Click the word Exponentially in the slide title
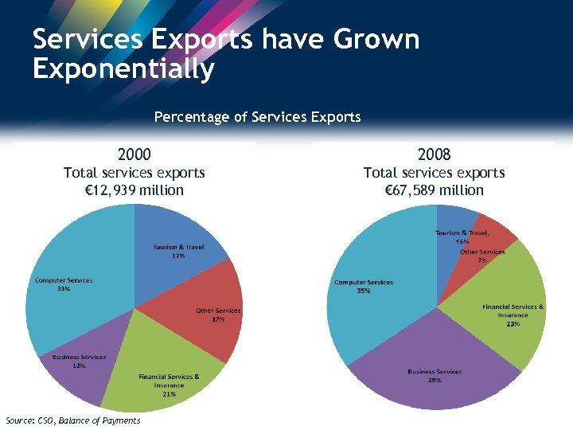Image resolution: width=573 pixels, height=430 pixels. tap(123, 68)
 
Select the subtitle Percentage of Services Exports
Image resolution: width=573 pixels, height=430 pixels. tap(257, 117)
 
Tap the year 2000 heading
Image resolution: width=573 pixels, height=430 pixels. tap(134, 154)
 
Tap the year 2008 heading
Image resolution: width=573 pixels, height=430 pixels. tap(434, 154)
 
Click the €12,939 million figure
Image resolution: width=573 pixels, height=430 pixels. tap(134, 190)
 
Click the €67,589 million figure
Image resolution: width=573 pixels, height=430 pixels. tap(434, 190)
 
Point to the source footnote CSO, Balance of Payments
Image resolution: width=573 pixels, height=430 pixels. tap(72, 420)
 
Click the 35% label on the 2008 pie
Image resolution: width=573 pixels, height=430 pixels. tap(364, 291)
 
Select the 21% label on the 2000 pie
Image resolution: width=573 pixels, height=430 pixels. tap(169, 393)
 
